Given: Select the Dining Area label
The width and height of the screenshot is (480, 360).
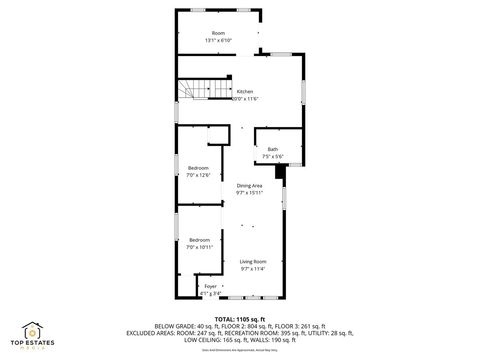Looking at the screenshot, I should [249, 186].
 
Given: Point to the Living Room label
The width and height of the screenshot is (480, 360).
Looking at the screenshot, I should [252, 261].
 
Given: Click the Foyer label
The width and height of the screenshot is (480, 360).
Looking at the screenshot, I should [210, 286].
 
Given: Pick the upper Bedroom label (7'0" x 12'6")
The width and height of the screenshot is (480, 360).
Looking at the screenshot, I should [198, 167].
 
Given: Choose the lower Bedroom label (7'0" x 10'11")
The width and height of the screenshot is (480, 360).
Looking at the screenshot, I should [200, 240].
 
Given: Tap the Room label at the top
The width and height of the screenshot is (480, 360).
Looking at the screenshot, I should [218, 33].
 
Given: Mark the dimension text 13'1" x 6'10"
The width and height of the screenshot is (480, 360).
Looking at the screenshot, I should [218, 40].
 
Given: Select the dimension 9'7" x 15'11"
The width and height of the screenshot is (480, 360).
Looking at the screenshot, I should [249, 193].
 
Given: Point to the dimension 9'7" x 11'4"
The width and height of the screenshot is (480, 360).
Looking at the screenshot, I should [252, 268].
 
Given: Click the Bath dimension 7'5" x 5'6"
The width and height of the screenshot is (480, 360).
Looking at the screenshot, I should [272, 157].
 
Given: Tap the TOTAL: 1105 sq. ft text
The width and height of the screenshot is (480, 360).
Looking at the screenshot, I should [241, 317].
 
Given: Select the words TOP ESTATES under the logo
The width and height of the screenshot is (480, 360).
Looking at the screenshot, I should [32, 343].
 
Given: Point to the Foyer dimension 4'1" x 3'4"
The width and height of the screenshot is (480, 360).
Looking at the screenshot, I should [210, 292].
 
